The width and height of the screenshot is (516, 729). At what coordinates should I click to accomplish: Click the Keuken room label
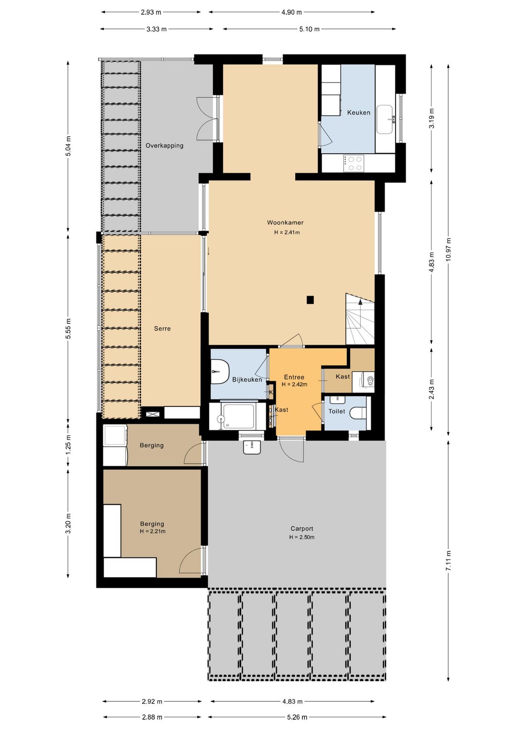[358, 113]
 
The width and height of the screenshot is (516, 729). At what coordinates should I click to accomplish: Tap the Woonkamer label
[285, 223]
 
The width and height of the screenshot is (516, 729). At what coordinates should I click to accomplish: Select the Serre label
[162, 328]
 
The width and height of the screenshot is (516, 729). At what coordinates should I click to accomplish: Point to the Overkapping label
[164, 146]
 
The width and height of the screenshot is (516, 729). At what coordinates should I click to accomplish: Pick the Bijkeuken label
[247, 379]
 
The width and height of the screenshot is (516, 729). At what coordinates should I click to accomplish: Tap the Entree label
[294, 377]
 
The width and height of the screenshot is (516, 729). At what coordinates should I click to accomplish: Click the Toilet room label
[337, 411]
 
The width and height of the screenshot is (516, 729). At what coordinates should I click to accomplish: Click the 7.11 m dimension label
[449, 560]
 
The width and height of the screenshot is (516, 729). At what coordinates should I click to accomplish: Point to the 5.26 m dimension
[297, 717]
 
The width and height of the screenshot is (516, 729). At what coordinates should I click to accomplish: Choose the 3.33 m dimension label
[156, 29]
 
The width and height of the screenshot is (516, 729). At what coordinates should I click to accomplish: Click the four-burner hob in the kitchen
[354, 163]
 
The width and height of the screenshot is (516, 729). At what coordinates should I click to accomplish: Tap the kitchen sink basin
[385, 119]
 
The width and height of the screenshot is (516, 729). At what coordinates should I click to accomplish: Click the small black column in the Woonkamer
[310, 300]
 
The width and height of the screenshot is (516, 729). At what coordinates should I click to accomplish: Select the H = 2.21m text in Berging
[153, 531]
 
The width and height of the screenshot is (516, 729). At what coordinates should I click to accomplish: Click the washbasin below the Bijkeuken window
[252, 448]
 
